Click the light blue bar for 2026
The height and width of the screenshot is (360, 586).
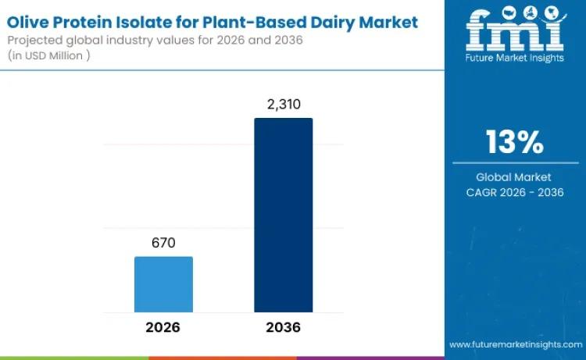[x=163, y=284]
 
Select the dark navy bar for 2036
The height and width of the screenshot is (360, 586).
[x=283, y=215]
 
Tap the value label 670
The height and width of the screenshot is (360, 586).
[x=163, y=243]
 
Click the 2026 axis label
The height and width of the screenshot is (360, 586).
[x=163, y=326]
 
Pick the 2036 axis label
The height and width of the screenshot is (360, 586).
[x=283, y=326]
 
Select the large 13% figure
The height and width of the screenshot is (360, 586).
[x=514, y=142]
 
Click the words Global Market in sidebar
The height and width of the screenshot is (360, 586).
[x=514, y=176]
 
